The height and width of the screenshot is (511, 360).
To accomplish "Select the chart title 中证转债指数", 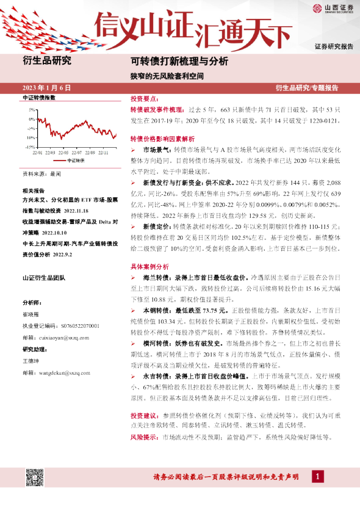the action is pyautogui.click(x=38, y=98).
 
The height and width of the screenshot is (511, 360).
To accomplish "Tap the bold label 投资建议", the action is pyautogui.click(x=144, y=415).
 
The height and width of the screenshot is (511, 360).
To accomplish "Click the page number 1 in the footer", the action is pyautogui.click(x=317, y=476).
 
